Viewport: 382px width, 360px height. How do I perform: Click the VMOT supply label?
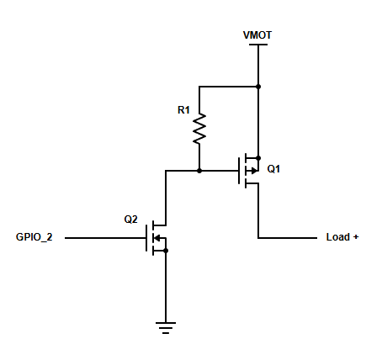[x=257, y=35]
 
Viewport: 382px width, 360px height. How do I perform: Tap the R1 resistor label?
[x=183, y=110]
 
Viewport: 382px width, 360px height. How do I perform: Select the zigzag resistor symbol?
[x=199, y=129]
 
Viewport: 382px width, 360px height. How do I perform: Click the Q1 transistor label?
[x=273, y=169]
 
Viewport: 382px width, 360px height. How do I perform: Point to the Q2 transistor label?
[x=130, y=220]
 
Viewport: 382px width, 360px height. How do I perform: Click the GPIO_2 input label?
[x=34, y=237]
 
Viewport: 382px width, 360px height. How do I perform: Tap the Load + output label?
[x=342, y=237]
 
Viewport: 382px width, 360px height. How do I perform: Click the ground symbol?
[x=166, y=328]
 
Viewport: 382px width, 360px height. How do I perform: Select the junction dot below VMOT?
[x=258, y=87]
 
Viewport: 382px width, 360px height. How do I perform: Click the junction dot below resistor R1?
[x=199, y=171]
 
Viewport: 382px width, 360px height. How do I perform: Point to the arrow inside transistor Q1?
[x=254, y=171]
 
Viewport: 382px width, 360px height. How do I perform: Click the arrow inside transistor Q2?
[x=157, y=238]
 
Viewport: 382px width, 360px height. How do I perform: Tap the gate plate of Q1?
[x=239, y=171]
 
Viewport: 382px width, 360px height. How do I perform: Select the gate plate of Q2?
[x=146, y=238]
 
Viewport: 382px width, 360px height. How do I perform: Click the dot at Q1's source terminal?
[x=258, y=158]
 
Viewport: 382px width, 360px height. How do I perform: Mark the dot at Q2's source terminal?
[x=166, y=251]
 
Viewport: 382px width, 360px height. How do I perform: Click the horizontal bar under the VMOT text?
[x=258, y=45]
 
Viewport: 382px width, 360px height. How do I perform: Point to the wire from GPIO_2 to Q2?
[x=105, y=238]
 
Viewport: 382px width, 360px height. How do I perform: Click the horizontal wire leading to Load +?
[x=288, y=238]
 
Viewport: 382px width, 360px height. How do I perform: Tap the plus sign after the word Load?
[x=356, y=237]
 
